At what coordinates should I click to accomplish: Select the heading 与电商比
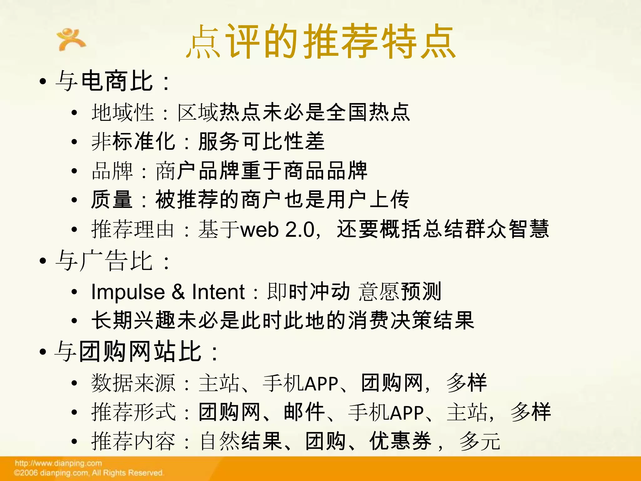(x=105, y=81)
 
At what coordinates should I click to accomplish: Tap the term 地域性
(x=123, y=112)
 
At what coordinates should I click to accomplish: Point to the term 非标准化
(x=133, y=142)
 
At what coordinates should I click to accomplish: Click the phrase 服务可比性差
(x=262, y=142)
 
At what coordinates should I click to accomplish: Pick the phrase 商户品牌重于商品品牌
(x=262, y=171)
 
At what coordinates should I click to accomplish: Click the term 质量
(x=112, y=200)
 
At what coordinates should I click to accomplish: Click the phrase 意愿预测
(x=400, y=292)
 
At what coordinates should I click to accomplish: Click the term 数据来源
(x=133, y=383)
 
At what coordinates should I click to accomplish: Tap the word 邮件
(x=304, y=412)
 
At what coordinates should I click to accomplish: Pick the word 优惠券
(x=401, y=441)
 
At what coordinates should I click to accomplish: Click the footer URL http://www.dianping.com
(x=59, y=463)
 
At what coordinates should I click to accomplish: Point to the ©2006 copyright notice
(x=89, y=473)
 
